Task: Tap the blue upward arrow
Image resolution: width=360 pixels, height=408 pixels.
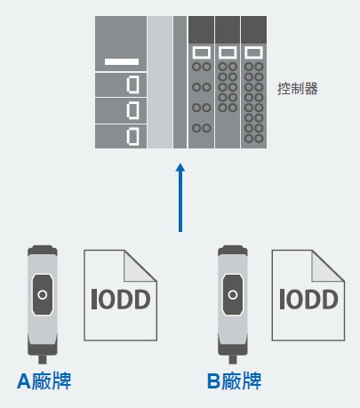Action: click(x=180, y=195)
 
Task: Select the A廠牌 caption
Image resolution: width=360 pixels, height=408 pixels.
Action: click(x=44, y=381)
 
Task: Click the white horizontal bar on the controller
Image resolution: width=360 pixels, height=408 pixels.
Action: click(x=122, y=61)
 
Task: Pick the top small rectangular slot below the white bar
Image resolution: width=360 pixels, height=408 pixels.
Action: click(x=132, y=85)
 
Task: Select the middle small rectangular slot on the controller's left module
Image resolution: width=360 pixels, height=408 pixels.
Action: click(x=132, y=111)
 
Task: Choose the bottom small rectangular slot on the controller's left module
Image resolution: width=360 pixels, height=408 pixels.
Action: click(x=132, y=136)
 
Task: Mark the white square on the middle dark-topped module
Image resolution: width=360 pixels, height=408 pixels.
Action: click(x=227, y=52)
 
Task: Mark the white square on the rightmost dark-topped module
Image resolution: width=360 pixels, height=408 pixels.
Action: click(x=252, y=52)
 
